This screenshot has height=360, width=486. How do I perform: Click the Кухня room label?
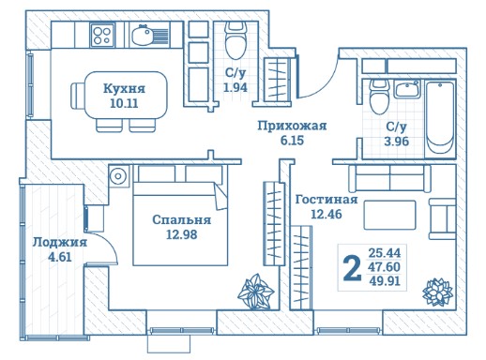pyautogui.click(x=124, y=88)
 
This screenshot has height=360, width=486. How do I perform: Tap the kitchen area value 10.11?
pyautogui.click(x=124, y=103)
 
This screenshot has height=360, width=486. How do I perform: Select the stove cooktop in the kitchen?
pyautogui.click(x=102, y=36)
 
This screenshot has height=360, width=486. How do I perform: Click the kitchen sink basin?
pyautogui.click(x=143, y=36)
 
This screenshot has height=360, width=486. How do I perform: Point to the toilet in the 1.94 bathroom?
pyautogui.click(x=236, y=40)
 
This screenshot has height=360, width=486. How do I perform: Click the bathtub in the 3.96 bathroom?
pyautogui.click(x=440, y=117)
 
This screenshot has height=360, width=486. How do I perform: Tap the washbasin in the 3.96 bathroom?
pyautogui.click(x=406, y=89)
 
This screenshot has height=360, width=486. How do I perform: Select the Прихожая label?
pyautogui.click(x=292, y=126)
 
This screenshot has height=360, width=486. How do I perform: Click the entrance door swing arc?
pyautogui.click(x=326, y=84)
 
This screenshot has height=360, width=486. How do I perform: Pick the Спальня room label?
pyautogui.click(x=181, y=219)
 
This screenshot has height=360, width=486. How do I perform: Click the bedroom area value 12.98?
pyautogui.click(x=181, y=234)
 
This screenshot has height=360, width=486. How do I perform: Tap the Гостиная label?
pyautogui.click(x=327, y=200)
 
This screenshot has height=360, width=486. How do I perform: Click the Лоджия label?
pyautogui.click(x=60, y=242)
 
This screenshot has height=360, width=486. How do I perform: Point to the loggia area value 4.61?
pyautogui.click(x=60, y=257)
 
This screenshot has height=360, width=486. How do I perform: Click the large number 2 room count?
pyautogui.click(x=352, y=267)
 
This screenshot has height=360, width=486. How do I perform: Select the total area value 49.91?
pyautogui.click(x=385, y=281)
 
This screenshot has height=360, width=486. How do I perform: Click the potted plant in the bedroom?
pyautogui.click(x=256, y=292)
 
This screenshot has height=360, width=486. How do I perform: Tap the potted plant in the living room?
pyautogui.click(x=437, y=292)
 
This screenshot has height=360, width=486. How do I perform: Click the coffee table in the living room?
pyautogui.click(x=389, y=215)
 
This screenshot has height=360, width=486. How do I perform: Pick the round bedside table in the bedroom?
pyautogui.click(x=118, y=176)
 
